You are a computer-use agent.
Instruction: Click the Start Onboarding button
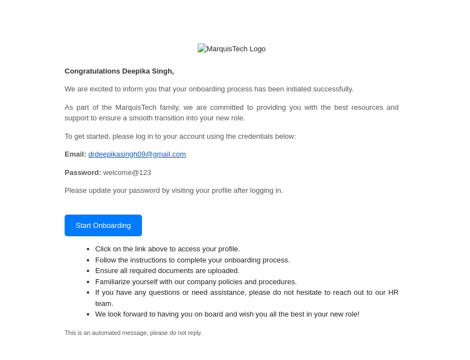pos(103,225)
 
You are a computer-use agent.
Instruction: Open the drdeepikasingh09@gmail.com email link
pos(137,154)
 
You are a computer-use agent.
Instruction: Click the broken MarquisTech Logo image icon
pos(202,48)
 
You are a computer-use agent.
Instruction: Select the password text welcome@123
pos(127,173)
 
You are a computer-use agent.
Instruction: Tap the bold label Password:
pos(83,173)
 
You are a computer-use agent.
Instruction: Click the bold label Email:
pos(75,154)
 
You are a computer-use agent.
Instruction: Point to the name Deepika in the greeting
pos(134,71)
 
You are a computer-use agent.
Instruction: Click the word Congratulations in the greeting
pos(92,71)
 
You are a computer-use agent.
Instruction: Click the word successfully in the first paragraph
pos(333,89)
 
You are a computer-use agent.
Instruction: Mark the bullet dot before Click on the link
pos(88,249)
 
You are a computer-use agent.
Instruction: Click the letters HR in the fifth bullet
pos(393,293)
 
